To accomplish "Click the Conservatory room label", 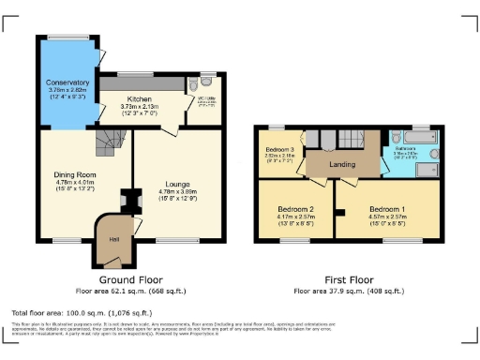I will [67, 82].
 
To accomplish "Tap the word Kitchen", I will [140, 97].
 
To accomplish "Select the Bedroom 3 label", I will [278, 150].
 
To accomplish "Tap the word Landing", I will [341, 165].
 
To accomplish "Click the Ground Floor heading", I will [130, 279].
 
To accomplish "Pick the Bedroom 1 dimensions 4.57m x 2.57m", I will [386, 217].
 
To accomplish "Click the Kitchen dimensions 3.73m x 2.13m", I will [140, 106].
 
